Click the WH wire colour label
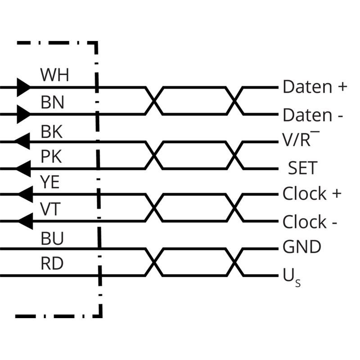54,75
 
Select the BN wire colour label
52,103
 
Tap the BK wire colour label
52,132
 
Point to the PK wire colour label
51,157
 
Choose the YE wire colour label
50,182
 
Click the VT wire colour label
50,209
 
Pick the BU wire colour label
52,238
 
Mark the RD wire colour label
52,264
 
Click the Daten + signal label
315,87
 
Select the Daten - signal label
313,115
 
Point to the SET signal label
303,168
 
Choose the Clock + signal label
312,193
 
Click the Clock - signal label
310,221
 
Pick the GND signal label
301,247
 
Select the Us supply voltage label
292,278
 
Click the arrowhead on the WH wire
24,87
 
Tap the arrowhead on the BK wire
22,141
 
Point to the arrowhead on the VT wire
25,221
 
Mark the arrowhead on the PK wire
22,169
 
